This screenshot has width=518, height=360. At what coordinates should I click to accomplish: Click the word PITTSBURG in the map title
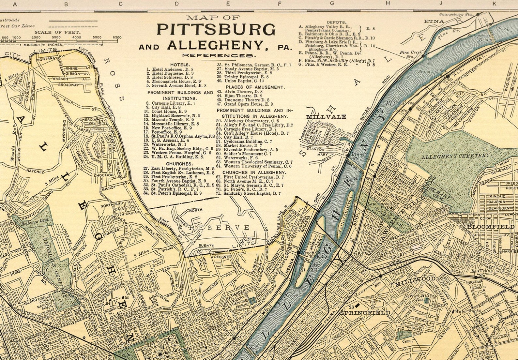pos(216,30)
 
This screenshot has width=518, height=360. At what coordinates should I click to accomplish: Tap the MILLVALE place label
pos(326,116)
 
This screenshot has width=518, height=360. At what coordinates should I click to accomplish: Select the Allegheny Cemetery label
pos(455,156)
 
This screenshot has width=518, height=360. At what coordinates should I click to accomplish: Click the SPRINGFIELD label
pos(365,313)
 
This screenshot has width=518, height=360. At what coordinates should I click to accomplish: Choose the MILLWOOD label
pos(415,278)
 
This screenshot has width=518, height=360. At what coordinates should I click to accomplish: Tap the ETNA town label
pos(434,21)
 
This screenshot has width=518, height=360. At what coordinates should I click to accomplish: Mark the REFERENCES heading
pos(218,56)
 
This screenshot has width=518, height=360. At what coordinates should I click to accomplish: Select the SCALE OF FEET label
pos(57,32)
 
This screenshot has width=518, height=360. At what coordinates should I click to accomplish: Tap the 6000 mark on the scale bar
pos(117,37)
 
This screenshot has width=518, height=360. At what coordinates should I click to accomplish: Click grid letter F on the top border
pos(279,4)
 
